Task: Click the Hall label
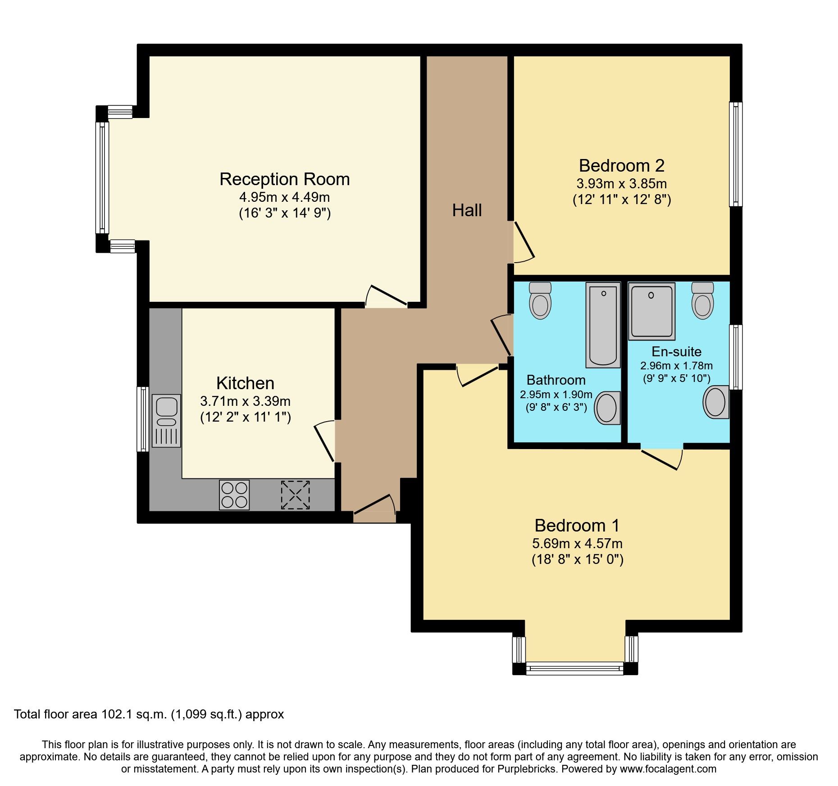point(467,210)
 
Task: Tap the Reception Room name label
point(284,179)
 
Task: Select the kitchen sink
point(166,421)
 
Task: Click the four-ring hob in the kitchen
point(234,495)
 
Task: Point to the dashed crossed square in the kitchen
point(295,495)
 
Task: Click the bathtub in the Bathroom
point(603,325)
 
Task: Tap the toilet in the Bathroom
point(540,300)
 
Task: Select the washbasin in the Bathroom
point(607,408)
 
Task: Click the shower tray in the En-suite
point(651,311)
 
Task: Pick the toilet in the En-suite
point(702,300)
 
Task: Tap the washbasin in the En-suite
point(716,402)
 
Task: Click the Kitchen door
point(324,442)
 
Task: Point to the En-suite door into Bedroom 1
point(661,459)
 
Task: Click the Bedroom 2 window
point(735,154)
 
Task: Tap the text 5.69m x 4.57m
point(577,544)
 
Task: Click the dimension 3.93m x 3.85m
point(621,184)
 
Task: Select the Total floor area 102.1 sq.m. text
point(149,714)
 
